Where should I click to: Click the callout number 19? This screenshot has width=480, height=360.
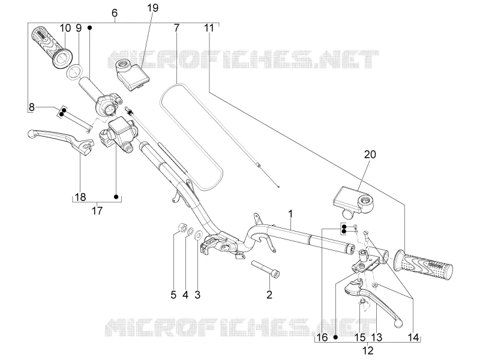coord(153,8)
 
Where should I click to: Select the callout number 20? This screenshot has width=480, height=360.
coord(370,154)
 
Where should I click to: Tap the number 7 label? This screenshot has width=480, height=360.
coord(176,28)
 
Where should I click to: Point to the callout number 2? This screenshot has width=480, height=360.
coord(269,295)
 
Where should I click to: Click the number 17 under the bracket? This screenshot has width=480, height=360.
coord(97,211)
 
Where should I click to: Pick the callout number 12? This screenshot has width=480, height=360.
coord(368,350)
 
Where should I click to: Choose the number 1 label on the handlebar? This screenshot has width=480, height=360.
coord(290,214)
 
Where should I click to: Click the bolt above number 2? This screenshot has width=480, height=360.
coord(266,268)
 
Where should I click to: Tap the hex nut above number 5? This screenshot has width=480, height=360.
coord(182,227)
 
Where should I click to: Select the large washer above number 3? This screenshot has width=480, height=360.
coord(198,235)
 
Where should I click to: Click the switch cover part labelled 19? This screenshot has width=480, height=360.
coord(132,74)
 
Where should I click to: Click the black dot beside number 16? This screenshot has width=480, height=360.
coord(336,337)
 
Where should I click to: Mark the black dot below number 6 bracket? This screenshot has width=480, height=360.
coord(89,28)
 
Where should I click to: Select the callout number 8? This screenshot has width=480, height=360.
coord(32,107)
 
